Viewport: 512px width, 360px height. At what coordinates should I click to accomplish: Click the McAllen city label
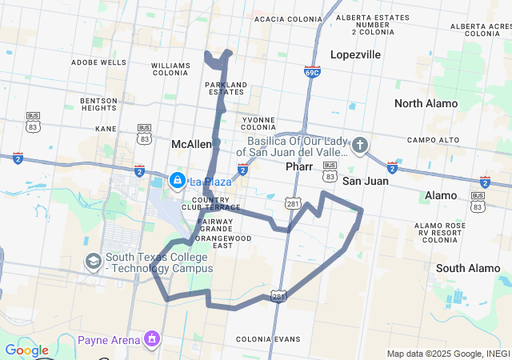(x=191, y=144)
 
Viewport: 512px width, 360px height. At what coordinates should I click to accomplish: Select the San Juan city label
(x=366, y=181)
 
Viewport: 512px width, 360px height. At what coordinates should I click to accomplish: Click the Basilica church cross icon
(x=360, y=145)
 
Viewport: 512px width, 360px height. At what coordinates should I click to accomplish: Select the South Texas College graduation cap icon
(x=94, y=261)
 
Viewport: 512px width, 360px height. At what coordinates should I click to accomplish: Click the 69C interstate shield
(x=312, y=71)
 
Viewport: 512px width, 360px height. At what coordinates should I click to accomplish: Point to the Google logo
(x=26, y=350)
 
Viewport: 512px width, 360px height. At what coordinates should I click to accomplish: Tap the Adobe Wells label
(x=98, y=62)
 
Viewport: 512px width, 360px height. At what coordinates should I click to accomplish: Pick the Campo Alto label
(x=433, y=140)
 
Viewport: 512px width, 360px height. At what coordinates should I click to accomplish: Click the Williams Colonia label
(x=170, y=70)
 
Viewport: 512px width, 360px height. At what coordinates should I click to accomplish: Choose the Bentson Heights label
(x=99, y=104)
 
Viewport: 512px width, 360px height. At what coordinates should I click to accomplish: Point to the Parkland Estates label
(x=225, y=88)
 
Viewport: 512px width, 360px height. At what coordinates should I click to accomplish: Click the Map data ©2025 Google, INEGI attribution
(x=448, y=354)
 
